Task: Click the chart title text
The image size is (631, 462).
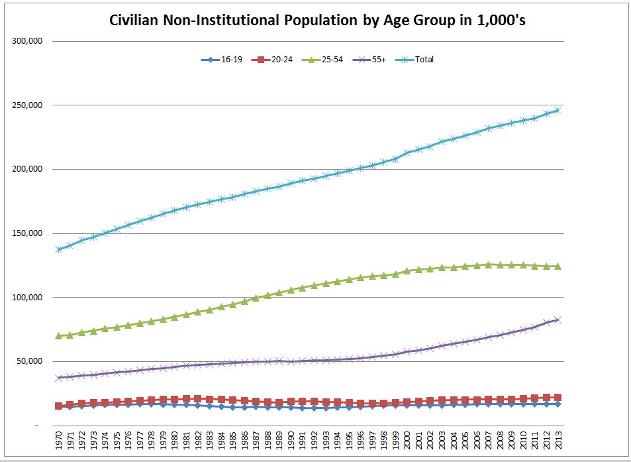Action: tap(317, 21)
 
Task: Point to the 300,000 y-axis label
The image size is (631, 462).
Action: tap(27, 41)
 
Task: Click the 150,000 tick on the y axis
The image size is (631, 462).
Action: tap(27, 233)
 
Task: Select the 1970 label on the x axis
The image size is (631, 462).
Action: tap(59, 441)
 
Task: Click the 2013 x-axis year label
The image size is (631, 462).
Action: tap(558, 441)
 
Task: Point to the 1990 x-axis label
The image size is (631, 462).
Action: tap(291, 441)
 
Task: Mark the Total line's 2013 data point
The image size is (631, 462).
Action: tap(558, 110)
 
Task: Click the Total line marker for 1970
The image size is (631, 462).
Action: tap(59, 250)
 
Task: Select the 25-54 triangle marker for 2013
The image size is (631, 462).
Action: tap(558, 266)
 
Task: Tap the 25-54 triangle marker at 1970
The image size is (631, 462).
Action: tap(59, 336)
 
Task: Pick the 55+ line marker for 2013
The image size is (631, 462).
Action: tap(558, 319)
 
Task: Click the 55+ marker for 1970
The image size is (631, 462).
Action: tap(59, 378)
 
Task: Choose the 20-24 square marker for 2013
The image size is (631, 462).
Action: tap(558, 398)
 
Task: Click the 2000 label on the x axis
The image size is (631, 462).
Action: tap(407, 441)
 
